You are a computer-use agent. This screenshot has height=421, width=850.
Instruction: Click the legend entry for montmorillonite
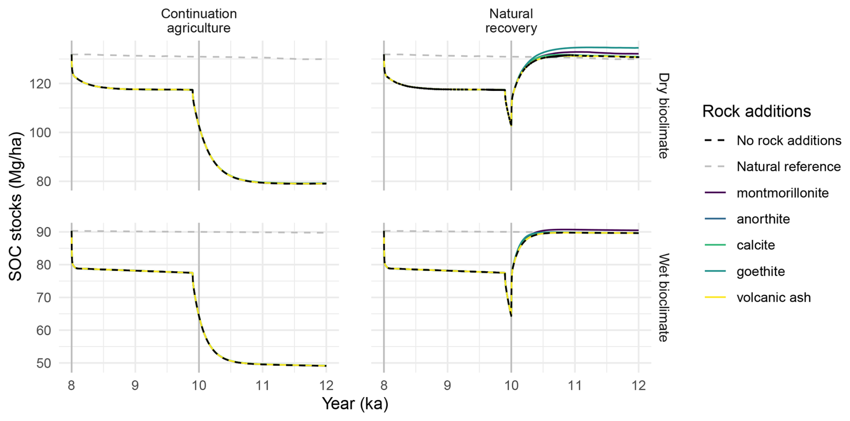[782, 193]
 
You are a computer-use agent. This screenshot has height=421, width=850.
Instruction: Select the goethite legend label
[761, 272]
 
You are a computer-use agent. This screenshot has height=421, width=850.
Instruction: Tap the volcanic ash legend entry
[773, 298]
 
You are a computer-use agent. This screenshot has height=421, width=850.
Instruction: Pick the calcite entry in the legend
[756, 245]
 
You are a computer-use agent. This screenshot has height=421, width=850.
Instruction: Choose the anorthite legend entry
[763, 219]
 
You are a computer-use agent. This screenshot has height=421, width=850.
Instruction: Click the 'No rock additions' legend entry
[788, 141]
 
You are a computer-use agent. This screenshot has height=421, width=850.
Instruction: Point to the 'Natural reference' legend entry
[788, 167]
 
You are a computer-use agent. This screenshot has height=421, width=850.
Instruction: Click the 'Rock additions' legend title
[756, 111]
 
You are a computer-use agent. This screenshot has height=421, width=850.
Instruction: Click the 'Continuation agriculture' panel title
[199, 21]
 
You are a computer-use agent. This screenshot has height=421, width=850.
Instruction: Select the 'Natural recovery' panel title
[511, 21]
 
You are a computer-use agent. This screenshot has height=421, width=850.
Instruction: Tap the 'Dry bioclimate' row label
[663, 116]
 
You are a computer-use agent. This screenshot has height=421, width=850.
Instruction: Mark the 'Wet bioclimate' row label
[663, 297]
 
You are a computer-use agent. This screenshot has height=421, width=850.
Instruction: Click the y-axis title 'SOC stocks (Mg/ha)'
[15, 206]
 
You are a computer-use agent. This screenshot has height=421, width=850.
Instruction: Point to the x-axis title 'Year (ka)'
[355, 403]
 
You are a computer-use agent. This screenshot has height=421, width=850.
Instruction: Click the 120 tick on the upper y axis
[40, 84]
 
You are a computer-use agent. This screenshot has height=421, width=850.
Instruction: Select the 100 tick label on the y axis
[40, 133]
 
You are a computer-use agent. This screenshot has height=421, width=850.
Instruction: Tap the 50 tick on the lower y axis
[43, 363]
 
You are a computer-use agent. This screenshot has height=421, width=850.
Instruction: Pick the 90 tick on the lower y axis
[43, 232]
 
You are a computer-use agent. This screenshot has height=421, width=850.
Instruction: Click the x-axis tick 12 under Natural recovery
[638, 385]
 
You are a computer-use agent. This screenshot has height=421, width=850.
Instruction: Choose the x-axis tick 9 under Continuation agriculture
[135, 385]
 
